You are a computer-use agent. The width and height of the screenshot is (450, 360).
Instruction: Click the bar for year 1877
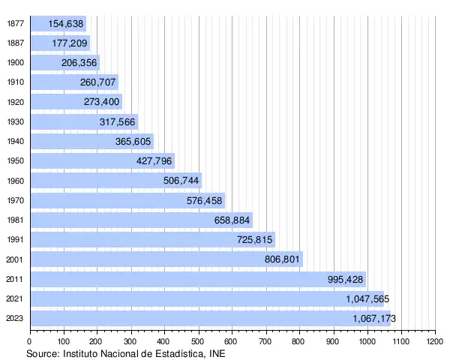58,23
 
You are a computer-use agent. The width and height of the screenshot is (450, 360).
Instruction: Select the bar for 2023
210,319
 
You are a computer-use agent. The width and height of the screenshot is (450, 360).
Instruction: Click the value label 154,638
66,23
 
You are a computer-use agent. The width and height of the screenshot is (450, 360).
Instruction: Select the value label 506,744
181,181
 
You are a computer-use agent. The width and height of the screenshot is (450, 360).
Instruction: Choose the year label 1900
14,62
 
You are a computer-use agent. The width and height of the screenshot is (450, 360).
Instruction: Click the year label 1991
14,240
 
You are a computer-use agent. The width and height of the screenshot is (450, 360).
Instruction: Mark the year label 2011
14,279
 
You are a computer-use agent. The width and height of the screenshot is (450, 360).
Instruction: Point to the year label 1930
14,121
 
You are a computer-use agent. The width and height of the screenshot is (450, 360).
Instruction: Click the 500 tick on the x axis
198,341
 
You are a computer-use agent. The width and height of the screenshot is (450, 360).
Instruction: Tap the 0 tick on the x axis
30,341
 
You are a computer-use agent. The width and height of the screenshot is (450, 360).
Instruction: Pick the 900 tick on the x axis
333,341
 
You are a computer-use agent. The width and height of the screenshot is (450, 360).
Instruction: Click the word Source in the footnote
43,352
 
